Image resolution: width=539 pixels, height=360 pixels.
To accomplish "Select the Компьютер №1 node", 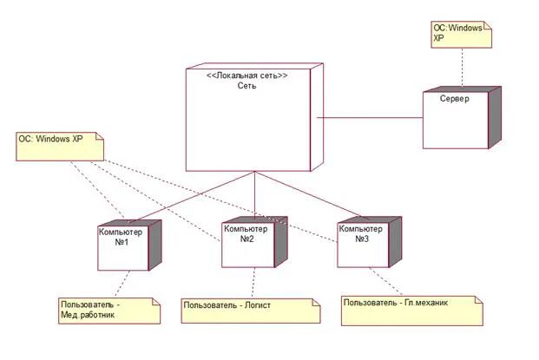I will coord(121,248).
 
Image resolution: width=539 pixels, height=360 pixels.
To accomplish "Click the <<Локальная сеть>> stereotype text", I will coord(246,75).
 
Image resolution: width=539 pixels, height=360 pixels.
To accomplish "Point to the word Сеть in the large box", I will coord(246,87).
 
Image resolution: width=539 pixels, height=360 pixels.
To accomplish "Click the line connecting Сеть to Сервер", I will coord(368,117).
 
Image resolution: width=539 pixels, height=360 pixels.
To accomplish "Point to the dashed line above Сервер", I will coord(462,67).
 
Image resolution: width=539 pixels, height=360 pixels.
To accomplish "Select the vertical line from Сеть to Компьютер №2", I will coord(253,193).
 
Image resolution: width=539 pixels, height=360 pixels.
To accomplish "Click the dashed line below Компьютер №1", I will coord(122,284).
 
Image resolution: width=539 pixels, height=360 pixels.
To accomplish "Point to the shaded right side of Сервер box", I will coord(494,117).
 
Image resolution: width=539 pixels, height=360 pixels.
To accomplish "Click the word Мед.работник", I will coord(88,316).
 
